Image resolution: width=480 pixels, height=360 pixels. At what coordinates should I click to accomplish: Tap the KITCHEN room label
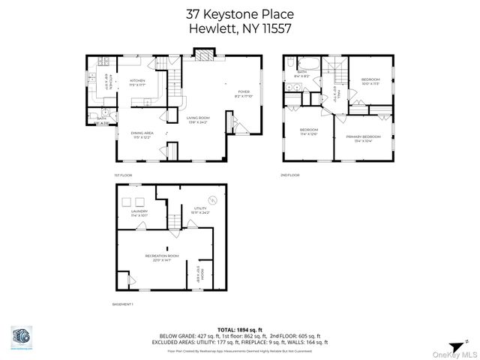point(137,80)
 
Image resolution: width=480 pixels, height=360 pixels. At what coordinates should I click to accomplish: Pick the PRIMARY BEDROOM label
point(363,136)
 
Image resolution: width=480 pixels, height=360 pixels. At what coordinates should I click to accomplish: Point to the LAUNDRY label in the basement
point(139,211)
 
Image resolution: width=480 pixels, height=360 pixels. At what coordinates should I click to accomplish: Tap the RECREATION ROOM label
point(163,256)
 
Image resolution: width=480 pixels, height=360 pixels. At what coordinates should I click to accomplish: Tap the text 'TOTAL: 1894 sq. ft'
point(240,329)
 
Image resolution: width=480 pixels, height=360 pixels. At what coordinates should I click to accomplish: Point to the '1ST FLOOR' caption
point(123,175)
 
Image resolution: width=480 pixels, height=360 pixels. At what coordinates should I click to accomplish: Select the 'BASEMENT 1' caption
point(122,304)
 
